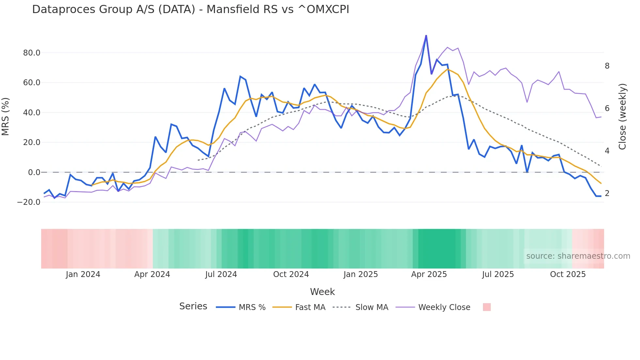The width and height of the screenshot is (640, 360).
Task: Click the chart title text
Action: pyautogui.click(x=190, y=9)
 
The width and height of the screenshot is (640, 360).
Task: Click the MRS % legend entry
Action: pyautogui.click(x=252, y=307)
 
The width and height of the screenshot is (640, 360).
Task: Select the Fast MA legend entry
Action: pyautogui.click(x=310, y=307)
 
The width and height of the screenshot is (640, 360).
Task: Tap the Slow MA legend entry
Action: pyautogui.click(x=372, y=307)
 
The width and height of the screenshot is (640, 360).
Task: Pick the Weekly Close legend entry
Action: pyautogui.click(x=444, y=307)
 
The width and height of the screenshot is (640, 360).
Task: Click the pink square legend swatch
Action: pyautogui.click(x=487, y=307)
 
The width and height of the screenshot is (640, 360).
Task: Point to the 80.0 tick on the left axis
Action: pyautogui.click(x=32, y=53)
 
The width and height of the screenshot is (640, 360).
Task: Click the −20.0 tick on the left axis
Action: pyautogui.click(x=29, y=202)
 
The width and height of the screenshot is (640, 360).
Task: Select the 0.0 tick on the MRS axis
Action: pyautogui.click(x=34, y=172)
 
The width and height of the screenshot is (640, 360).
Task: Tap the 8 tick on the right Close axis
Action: pyautogui.click(x=607, y=66)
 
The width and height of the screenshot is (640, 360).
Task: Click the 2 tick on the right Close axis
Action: pyautogui.click(x=607, y=193)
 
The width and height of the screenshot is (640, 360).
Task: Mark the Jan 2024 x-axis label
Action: pyautogui.click(x=83, y=274)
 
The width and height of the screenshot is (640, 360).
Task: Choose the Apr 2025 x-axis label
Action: pyautogui.click(x=429, y=274)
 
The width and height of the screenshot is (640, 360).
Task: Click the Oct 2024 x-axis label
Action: pyautogui.click(x=291, y=274)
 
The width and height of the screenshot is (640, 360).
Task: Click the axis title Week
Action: pyautogui.click(x=322, y=292)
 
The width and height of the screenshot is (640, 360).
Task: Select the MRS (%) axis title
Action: pyautogui.click(x=6, y=117)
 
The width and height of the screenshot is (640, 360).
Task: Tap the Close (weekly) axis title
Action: pyautogui.click(x=622, y=117)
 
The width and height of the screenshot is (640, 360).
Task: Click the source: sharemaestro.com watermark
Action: pyautogui.click(x=578, y=256)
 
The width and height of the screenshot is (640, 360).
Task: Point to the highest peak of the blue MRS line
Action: pyautogui.click(x=426, y=36)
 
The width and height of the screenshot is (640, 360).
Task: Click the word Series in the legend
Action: pyautogui.click(x=193, y=306)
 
